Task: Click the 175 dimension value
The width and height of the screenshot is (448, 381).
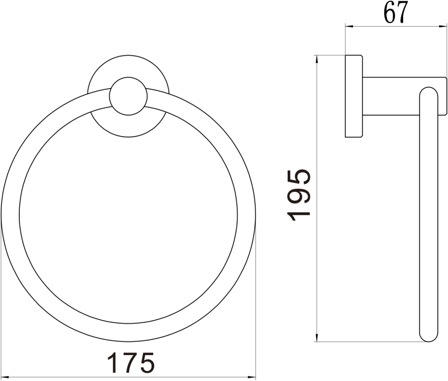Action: pyautogui.click(x=131, y=363)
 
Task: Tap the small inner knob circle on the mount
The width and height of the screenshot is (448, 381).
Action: pyautogui.click(x=128, y=95)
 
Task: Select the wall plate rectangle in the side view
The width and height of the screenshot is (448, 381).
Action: pyautogui.click(x=353, y=96)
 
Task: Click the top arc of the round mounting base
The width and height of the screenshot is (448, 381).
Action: pyautogui.click(x=129, y=57)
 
